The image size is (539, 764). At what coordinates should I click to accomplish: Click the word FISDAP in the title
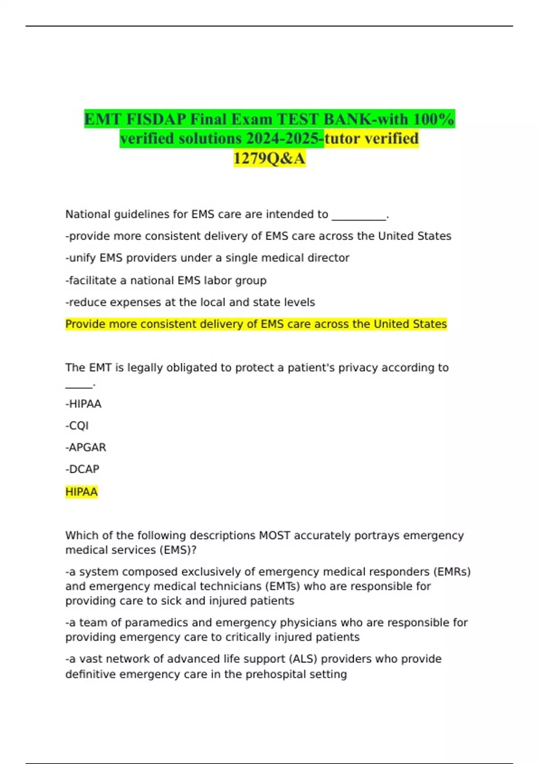(155, 119)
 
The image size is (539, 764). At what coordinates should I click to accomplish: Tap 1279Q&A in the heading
(269, 158)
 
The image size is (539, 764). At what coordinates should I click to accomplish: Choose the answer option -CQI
(77, 426)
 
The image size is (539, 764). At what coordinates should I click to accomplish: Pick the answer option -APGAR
(86, 448)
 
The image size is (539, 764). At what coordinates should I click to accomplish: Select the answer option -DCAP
(82, 469)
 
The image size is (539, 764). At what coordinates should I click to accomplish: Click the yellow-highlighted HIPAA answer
(81, 492)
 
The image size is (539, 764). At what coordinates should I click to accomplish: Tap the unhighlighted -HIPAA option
(84, 404)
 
